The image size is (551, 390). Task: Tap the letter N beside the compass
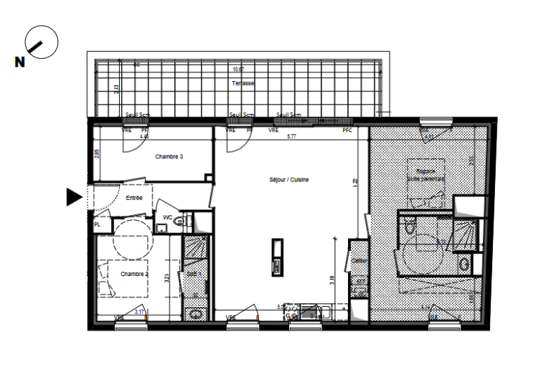tap(19, 63)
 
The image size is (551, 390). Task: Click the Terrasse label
tap(243, 84)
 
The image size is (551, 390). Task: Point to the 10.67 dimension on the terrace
tap(238, 69)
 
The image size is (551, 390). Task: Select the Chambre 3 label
tap(169, 156)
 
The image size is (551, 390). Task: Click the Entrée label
tap(134, 197)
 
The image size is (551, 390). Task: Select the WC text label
tap(167, 217)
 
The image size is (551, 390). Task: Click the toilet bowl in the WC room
tap(179, 223)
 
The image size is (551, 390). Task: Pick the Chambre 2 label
tap(133, 274)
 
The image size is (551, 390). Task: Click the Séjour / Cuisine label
tap(285, 180)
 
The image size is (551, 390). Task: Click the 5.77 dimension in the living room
tap(291, 135)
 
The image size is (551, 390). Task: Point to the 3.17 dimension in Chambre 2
tap(141, 311)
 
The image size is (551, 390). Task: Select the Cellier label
tap(359, 260)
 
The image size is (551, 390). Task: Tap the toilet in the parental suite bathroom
tap(408, 229)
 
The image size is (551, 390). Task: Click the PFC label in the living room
tap(347, 130)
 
